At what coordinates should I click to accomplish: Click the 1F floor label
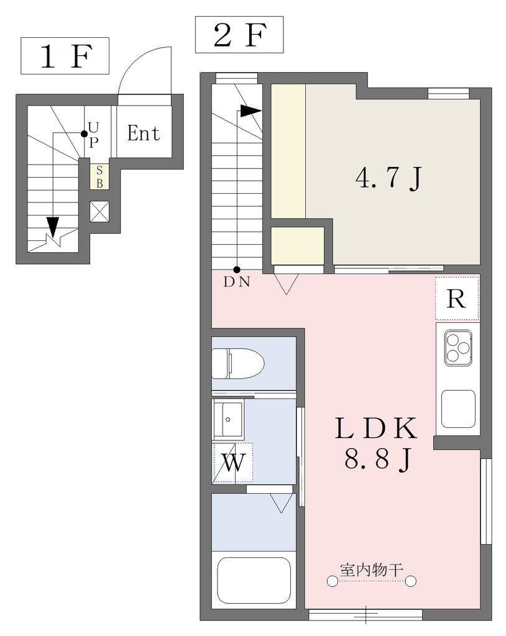65,56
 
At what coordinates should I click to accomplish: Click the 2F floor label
239,35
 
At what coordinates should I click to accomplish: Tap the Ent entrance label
144,133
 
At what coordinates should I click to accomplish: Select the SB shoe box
99,177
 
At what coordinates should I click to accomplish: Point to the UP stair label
93,135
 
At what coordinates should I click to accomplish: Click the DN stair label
236,283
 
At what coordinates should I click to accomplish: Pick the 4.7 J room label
389,178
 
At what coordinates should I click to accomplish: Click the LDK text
376,429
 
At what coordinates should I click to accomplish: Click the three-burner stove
458,348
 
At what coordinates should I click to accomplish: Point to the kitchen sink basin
458,409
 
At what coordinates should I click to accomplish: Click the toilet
238,363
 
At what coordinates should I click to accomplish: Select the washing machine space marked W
232,462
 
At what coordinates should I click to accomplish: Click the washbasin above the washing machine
228,420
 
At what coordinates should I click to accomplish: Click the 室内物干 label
372,570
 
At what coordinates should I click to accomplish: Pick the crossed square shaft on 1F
99,212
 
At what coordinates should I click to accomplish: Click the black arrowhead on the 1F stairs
53,225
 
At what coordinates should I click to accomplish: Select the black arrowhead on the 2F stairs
251,111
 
